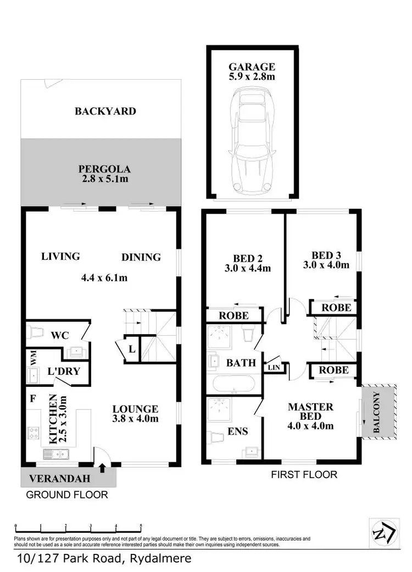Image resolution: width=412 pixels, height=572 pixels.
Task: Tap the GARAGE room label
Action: pyautogui.click(x=252, y=67)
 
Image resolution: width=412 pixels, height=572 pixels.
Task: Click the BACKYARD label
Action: pyautogui.click(x=105, y=111)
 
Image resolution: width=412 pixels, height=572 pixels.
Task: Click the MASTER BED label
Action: pyautogui.click(x=310, y=412)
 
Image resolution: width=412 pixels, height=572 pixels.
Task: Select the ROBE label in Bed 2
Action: pyautogui.click(x=234, y=316)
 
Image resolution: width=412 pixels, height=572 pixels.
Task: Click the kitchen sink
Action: pyautogui.click(x=55, y=454)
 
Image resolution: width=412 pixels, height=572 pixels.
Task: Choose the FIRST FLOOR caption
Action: pyautogui.click(x=304, y=474)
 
